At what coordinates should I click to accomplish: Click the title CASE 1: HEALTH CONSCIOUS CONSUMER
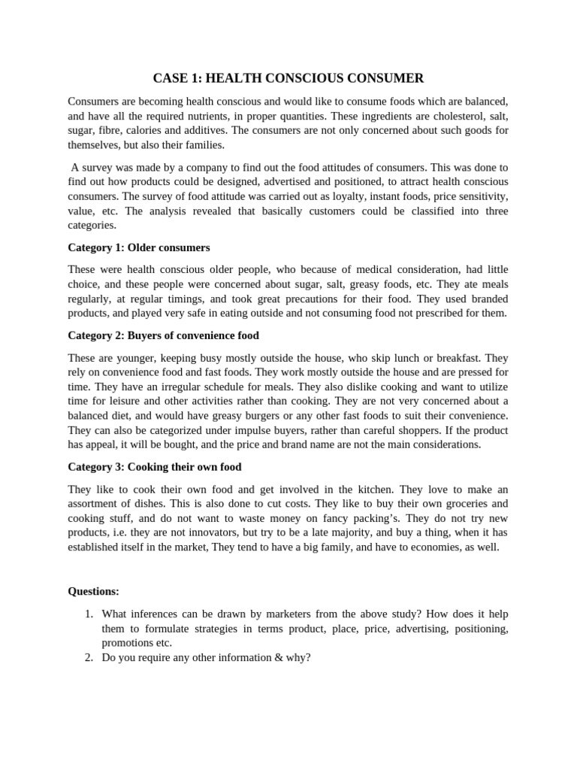[288, 78]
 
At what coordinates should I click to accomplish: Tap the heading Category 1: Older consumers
[139, 247]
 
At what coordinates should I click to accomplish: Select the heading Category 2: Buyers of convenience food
[163, 335]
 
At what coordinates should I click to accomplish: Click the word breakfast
[461, 357]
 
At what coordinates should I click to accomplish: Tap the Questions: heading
[93, 591]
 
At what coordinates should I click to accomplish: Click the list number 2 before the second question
[91, 657]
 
